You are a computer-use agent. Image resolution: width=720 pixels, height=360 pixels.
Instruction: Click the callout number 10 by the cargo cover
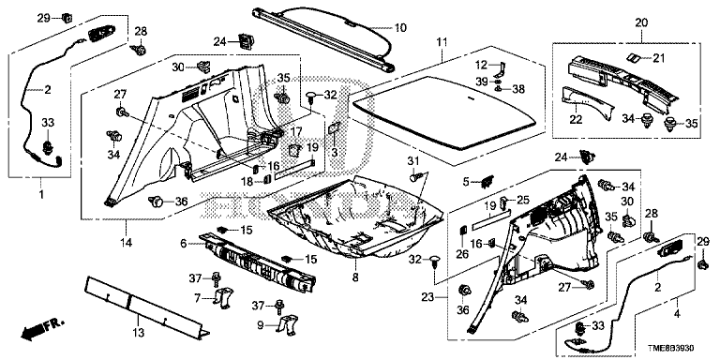pos(400,27)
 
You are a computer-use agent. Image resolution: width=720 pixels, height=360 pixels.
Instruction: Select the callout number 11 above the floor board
pos(442,43)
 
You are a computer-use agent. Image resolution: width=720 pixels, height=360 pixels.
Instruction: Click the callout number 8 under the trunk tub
pos(354,278)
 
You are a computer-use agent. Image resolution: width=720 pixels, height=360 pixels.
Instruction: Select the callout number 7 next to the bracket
pos(197,298)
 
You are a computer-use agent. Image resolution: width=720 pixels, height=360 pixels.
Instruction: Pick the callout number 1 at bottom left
pos(39,195)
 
